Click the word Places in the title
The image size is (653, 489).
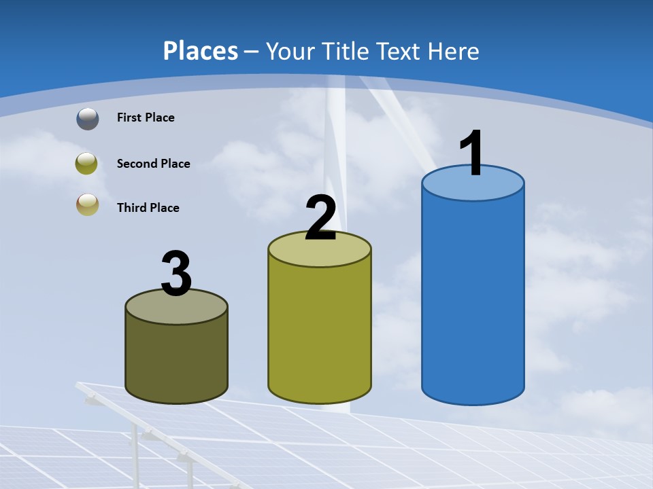point(201,51)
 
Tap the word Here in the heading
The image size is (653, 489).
point(455,51)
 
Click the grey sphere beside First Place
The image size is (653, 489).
point(87,119)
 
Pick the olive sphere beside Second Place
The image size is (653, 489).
point(87,164)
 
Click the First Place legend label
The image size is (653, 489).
point(146,117)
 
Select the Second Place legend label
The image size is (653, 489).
point(153,164)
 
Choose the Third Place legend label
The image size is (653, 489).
point(148,208)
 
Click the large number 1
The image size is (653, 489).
point(471,154)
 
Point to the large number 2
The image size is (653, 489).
point(320,219)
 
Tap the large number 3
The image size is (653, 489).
point(177,275)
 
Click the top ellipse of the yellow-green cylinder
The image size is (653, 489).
point(320,253)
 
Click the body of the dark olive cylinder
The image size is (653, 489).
point(177,360)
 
